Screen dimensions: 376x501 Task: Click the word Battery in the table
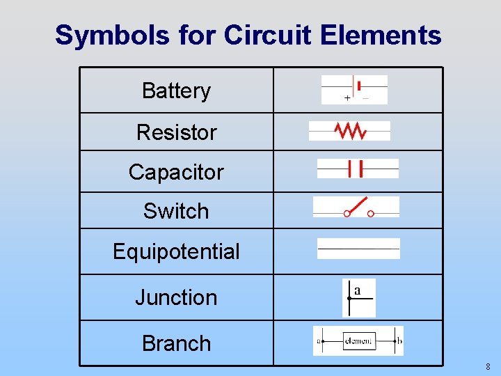[176, 91]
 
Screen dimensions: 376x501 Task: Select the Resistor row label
[176, 132]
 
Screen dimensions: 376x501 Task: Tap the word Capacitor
[176, 172]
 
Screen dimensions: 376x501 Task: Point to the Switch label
[176, 211]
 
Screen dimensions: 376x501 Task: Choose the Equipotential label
[176, 251]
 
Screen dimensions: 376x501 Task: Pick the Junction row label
[176, 297]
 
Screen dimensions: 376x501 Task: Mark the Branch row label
[176, 343]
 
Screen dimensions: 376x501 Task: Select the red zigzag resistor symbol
[350, 130]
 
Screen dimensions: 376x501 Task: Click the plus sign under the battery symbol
[347, 98]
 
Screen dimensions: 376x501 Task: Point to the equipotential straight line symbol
[358, 249]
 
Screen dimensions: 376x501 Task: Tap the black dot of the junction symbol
[349, 298]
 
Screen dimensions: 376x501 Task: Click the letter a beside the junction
[357, 290]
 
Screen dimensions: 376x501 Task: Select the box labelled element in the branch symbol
[358, 341]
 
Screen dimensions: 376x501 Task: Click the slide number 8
[488, 366]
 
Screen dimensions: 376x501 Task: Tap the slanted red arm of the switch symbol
[358, 205]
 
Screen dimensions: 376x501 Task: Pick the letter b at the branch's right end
[399, 341]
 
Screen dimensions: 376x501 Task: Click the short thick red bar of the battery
[359, 86]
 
